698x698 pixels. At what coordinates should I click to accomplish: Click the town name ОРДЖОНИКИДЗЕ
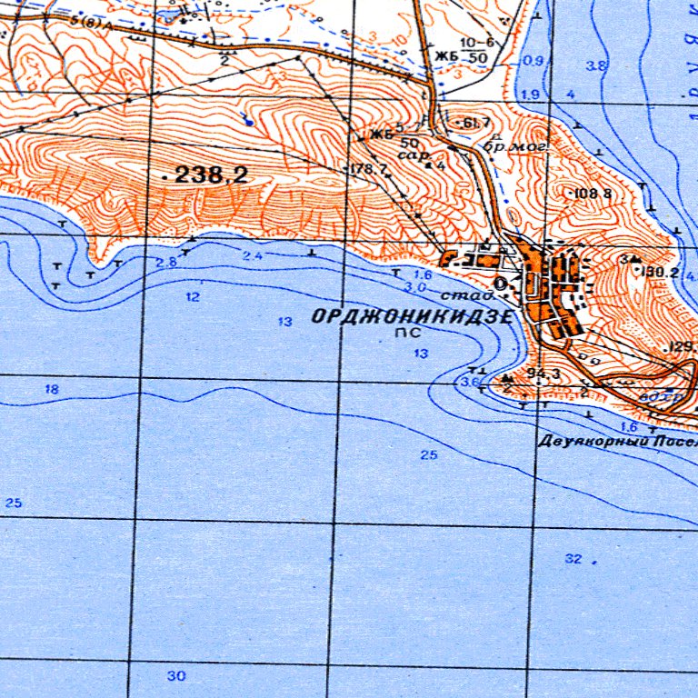[x=412, y=317]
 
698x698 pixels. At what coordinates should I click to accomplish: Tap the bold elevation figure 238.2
[x=211, y=175]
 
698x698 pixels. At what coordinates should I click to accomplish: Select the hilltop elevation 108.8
[x=592, y=194]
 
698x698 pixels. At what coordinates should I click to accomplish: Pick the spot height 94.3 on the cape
[x=542, y=373]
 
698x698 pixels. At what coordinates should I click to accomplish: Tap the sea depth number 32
[x=573, y=559]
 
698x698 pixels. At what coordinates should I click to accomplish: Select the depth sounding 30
[x=176, y=675]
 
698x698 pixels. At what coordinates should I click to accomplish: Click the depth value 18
[x=52, y=389]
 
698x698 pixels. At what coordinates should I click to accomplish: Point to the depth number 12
[x=193, y=297]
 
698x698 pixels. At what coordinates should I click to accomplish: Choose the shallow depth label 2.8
[x=165, y=263]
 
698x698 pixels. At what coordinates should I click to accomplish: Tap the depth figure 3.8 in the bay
[x=597, y=66]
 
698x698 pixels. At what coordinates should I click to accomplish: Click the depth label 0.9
[x=533, y=61]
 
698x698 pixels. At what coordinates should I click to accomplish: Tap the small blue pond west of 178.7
[x=248, y=119]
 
